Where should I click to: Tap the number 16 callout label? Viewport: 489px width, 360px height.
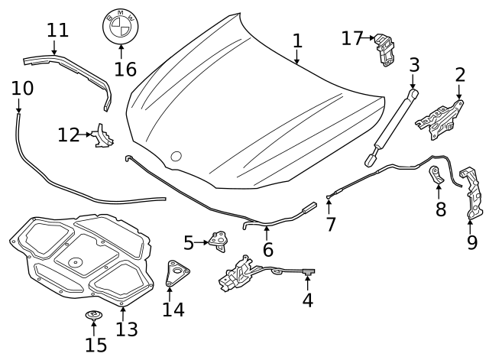click(125, 70)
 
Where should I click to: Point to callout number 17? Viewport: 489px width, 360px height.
click(351, 37)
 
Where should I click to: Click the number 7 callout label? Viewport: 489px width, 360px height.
click(330, 224)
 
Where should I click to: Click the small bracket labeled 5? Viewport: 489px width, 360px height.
click(220, 242)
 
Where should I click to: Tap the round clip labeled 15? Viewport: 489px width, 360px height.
click(94, 316)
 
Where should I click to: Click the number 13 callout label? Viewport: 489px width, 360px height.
click(127, 329)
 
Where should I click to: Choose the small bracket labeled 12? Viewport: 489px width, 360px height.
click(102, 138)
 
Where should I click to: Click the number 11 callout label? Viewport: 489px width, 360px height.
click(57, 31)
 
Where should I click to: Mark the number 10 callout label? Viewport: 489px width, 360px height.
click(23, 88)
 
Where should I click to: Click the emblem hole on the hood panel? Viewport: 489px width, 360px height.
click(176, 157)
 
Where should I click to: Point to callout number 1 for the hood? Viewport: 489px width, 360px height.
click(296, 40)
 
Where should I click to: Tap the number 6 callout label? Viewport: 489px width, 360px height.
click(267, 249)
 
